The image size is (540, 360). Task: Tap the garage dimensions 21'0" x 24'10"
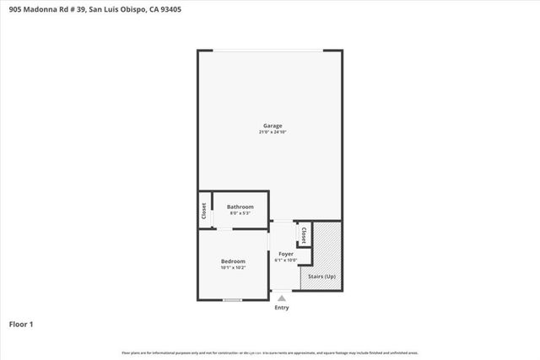272,132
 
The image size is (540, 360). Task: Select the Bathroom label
240,207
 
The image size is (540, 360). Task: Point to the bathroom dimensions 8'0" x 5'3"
240,212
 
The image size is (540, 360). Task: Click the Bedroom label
234,261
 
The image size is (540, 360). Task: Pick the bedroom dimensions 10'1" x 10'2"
234,268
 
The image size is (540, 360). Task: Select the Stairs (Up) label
321,277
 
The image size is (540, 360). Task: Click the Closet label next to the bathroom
203,212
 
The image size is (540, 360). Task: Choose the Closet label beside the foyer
303,234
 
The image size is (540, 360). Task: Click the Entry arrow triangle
282,297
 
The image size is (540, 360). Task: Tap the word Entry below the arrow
282,308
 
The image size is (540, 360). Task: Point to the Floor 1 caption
21,324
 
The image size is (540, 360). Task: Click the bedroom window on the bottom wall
232,300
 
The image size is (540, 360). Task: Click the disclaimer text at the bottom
270,352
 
